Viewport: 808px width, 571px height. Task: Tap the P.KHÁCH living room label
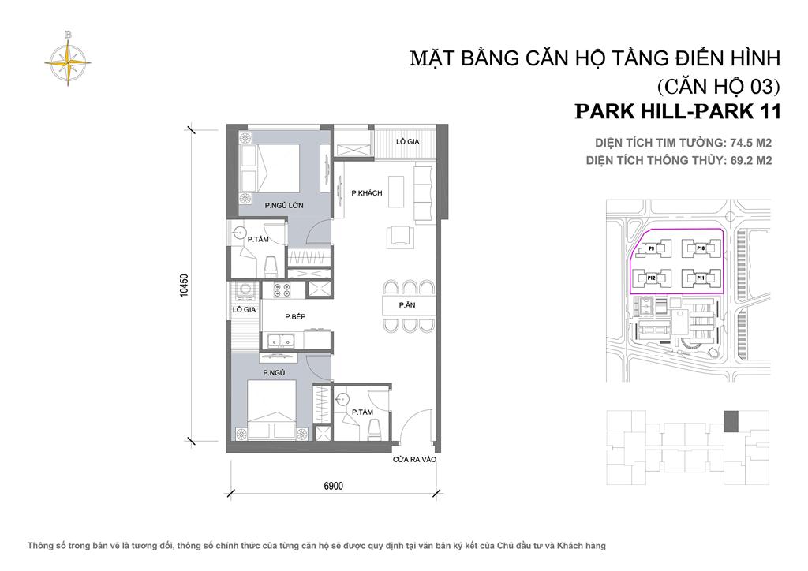tap(367, 193)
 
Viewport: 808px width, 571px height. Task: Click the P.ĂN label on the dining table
tap(407, 305)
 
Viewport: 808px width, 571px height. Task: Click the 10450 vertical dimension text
tap(185, 284)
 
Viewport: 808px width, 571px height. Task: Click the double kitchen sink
tap(281, 341)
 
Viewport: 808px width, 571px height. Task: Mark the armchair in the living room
tap(398, 236)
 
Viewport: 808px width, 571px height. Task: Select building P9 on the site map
tap(653, 248)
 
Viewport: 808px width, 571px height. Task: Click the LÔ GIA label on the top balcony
tap(407, 140)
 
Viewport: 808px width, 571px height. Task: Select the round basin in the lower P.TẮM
tap(343, 399)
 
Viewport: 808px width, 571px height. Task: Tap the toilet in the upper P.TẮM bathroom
tap(270, 262)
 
